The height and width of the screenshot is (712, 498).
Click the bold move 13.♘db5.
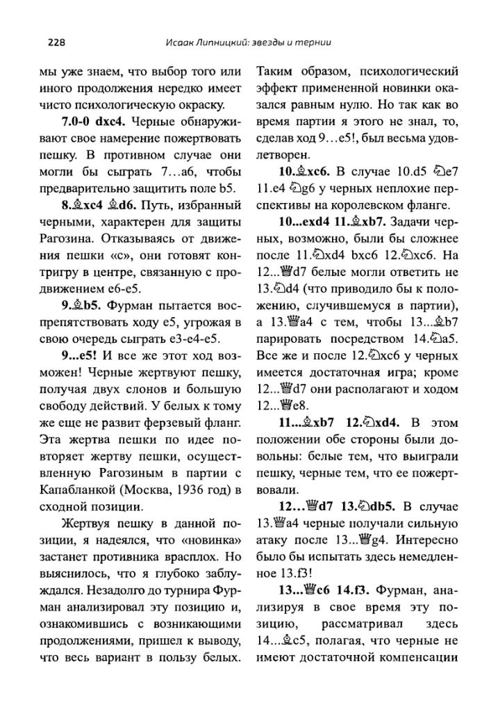pyautogui.click(x=367, y=505)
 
